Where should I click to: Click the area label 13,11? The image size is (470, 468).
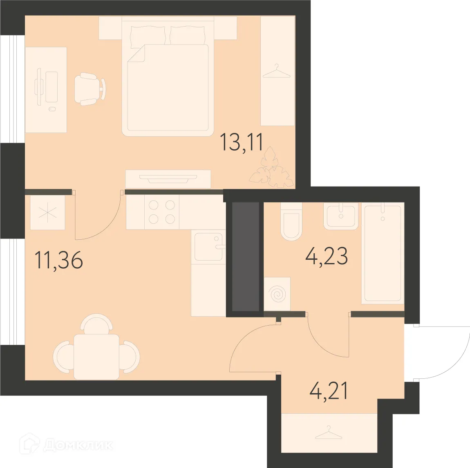(x=242, y=142)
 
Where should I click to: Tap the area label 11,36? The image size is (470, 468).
(x=59, y=260)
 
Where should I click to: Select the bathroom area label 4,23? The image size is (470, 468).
(x=327, y=256)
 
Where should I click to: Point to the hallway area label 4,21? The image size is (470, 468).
(x=329, y=391)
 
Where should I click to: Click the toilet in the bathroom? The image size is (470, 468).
(x=291, y=224)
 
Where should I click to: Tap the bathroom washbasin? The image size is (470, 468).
(x=341, y=216)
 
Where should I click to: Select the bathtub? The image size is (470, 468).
(x=383, y=254)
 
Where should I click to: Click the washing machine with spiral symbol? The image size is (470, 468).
(x=277, y=294)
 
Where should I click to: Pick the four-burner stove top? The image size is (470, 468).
(x=162, y=212)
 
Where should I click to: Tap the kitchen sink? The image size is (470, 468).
(x=208, y=247)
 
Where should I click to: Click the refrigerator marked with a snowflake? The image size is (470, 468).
(x=47, y=213)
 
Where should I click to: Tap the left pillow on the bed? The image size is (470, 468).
(x=148, y=35)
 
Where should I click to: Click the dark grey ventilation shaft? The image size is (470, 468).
(x=246, y=256)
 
